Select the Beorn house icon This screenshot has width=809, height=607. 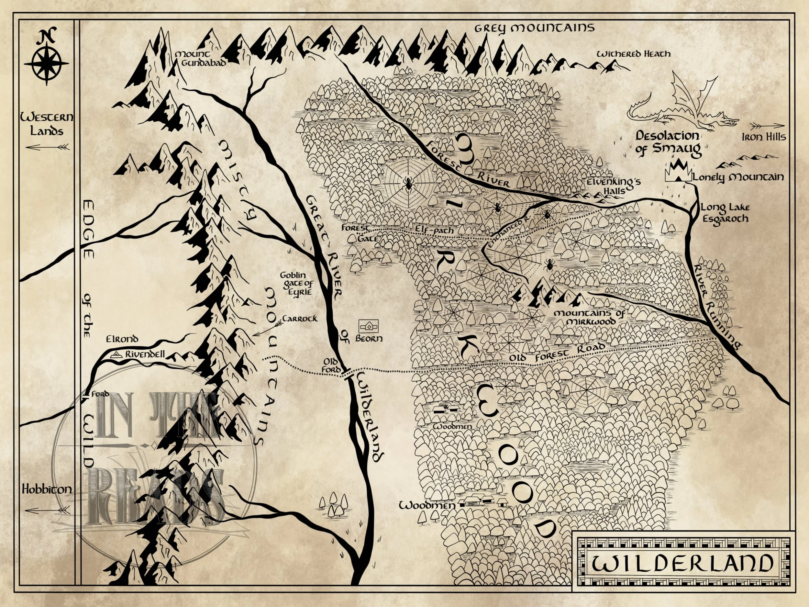click(x=368, y=325)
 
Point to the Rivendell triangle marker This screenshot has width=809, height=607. click(x=116, y=354)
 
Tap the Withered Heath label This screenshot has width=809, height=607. click(x=634, y=54)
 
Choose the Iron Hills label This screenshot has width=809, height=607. click(x=764, y=137)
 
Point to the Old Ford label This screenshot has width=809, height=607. click(x=332, y=365)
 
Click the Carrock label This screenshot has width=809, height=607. click(x=300, y=319)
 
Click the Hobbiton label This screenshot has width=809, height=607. click(x=47, y=489)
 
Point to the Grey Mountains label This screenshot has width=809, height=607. click(x=534, y=28)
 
